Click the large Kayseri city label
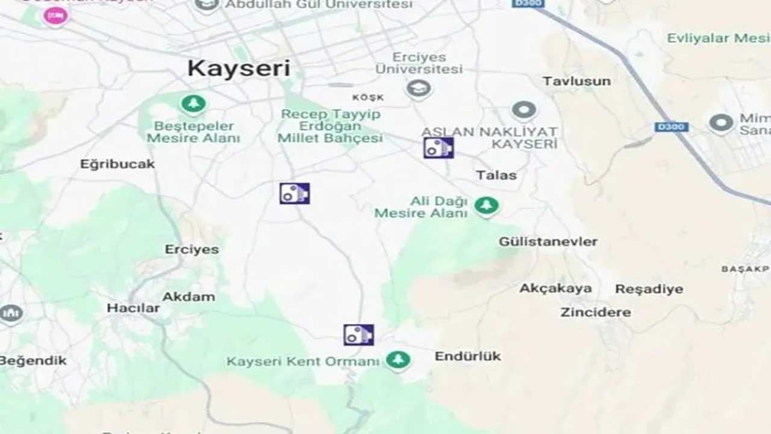[239, 68]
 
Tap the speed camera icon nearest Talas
[438, 148]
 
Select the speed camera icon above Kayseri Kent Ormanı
[358, 335]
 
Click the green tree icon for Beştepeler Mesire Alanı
[193, 104]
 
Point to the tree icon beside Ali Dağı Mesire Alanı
[486, 206]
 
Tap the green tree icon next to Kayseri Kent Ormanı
[398, 360]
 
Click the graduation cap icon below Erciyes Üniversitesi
[418, 90]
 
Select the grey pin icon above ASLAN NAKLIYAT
[523, 111]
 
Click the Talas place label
[496, 175]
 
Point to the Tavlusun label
[576, 81]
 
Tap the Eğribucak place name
[117, 164]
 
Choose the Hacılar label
[134, 308]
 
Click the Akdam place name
[189, 297]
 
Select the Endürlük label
[467, 356]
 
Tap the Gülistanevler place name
[548, 242]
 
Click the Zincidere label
[595, 312]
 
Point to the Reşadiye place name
[649, 289]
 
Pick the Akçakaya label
[555, 288]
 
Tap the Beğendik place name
[34, 361]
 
